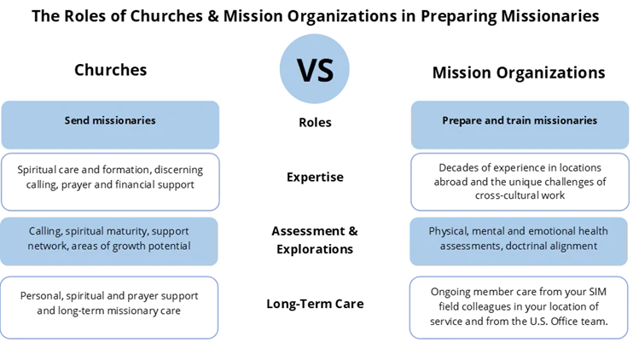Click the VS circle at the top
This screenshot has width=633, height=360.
(x=315, y=68)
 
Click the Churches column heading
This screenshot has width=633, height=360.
(x=110, y=70)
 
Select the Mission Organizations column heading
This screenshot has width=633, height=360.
(x=519, y=73)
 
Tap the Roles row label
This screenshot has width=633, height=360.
(x=315, y=122)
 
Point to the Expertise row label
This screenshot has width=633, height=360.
(x=315, y=177)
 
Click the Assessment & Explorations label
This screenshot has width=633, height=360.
(x=315, y=240)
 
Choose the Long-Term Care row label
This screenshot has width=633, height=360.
(x=315, y=304)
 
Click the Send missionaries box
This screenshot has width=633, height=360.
(x=110, y=125)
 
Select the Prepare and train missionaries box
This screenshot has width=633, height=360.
(x=520, y=125)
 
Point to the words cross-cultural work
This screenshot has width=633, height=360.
(x=520, y=195)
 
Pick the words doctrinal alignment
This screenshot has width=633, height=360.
(x=551, y=246)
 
